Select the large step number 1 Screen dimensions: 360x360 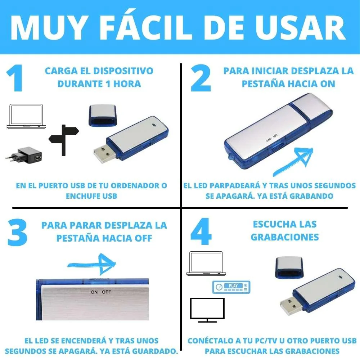15,78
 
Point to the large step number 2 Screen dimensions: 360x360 201,78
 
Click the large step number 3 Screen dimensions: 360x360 17,233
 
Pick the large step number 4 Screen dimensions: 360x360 201,233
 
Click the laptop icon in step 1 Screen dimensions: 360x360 27,116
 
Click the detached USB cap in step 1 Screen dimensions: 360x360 102,116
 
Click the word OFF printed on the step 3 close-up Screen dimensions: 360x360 107,292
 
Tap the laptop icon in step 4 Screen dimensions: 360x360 205,264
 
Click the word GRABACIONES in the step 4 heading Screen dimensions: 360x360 284,237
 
